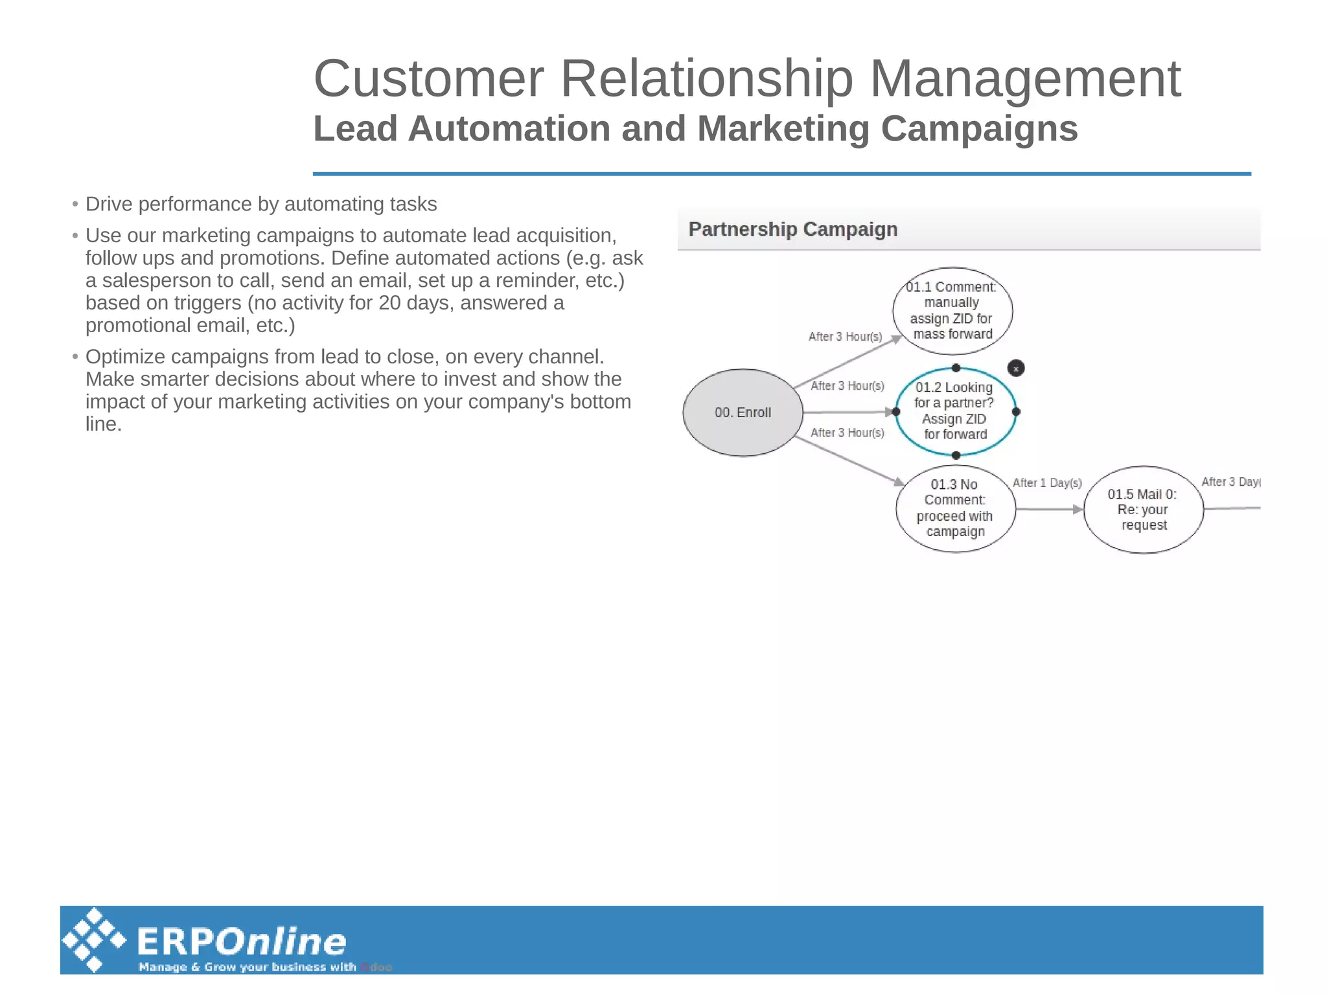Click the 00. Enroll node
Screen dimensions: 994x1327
click(x=743, y=412)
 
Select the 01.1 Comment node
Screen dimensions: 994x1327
click(x=952, y=311)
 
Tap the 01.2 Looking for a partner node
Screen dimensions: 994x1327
click(x=954, y=411)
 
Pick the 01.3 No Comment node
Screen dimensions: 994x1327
click(x=955, y=508)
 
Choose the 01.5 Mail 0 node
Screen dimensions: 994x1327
click(x=1143, y=510)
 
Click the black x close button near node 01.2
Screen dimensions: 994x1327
click(x=1016, y=368)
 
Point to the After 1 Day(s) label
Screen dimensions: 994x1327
click(x=1047, y=483)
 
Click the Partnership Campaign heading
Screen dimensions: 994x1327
click(x=792, y=229)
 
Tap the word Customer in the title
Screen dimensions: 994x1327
click(x=428, y=79)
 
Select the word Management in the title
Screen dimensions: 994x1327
click(x=1025, y=79)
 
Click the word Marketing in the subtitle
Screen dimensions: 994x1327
click(x=783, y=129)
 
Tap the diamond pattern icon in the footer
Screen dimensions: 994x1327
click(x=94, y=940)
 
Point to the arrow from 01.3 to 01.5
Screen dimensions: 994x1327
click(x=1050, y=510)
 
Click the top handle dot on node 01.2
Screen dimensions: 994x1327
click(x=956, y=368)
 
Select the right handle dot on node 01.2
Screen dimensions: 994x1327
click(x=1016, y=412)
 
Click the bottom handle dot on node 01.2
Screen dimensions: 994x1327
click(x=956, y=455)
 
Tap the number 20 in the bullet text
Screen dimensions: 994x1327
click(x=389, y=303)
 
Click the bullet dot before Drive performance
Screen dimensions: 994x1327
click(x=75, y=205)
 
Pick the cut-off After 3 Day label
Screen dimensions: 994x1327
click(x=1230, y=482)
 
